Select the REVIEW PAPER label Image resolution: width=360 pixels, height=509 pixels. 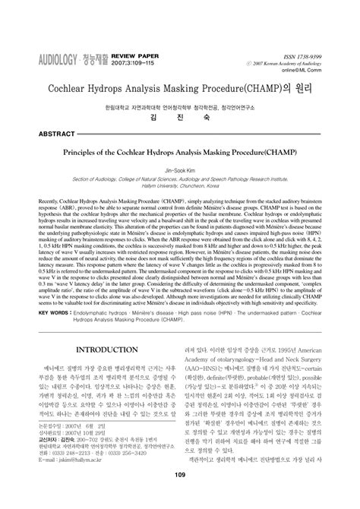coord(134,55)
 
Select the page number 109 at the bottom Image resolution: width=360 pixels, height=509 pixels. coord(180,498)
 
